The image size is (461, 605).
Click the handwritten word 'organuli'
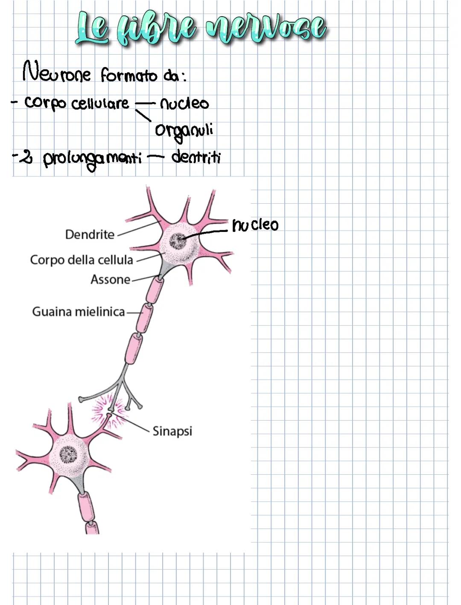coord(184,130)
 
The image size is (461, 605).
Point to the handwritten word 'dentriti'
coord(196,157)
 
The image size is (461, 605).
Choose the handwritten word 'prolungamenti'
coord(92,159)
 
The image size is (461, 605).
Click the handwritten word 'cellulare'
coord(100,103)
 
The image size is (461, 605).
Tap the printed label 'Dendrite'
coord(90,234)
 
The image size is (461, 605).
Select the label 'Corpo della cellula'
coord(82,260)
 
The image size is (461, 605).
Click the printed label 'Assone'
coord(110,280)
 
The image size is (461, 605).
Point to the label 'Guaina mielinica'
coord(79,312)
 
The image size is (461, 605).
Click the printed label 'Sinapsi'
coord(172,431)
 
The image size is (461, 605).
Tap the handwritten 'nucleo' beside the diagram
coord(255,225)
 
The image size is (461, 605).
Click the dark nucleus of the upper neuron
coord(178,241)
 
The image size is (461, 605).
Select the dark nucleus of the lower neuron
coord(68,455)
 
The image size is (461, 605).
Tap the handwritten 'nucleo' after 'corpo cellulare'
coord(184,104)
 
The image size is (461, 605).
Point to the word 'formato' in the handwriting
coord(129,76)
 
